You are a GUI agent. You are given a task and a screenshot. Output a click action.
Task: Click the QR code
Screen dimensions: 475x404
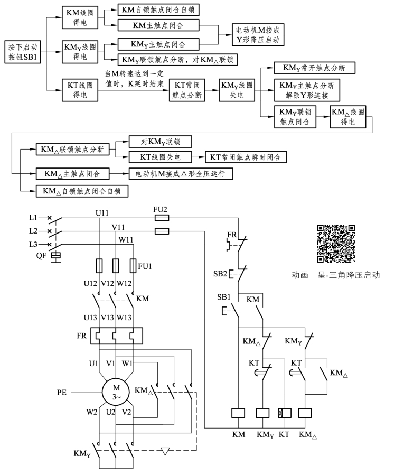(335, 244)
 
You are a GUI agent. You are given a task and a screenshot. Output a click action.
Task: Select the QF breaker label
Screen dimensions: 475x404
(41, 255)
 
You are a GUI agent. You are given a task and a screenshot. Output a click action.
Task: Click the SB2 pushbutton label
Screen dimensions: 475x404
(220, 273)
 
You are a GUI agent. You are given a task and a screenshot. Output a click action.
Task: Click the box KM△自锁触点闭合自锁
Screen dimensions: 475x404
(82, 191)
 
